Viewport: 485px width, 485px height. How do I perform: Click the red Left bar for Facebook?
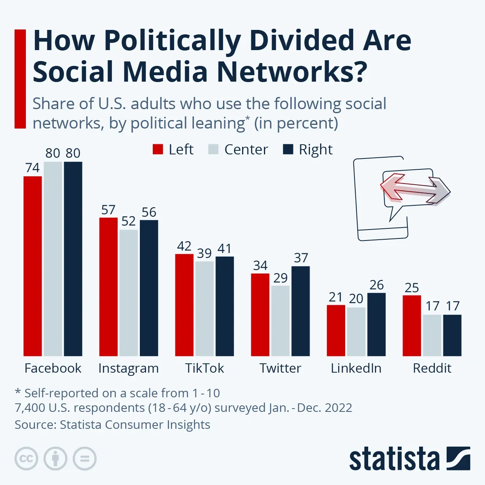point(33,266)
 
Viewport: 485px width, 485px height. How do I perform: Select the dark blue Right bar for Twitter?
point(301,311)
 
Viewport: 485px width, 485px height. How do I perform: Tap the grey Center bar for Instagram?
point(129,293)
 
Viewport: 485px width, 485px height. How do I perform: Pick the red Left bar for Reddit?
point(412,326)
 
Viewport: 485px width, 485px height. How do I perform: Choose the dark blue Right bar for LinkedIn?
point(377,325)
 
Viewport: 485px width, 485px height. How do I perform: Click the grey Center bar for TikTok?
point(205,308)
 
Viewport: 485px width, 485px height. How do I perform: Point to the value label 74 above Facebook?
point(32,168)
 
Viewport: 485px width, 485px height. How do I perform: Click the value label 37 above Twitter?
point(301,258)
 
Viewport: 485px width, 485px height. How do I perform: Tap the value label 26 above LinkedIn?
point(377,285)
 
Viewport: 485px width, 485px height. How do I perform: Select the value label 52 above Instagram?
point(129,221)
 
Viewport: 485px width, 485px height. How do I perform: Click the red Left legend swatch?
point(158,149)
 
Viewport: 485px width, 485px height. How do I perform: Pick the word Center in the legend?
point(246,150)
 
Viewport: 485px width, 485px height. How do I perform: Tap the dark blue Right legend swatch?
point(288,149)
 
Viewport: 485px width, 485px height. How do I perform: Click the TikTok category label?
point(205,368)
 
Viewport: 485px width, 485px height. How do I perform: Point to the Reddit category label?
point(432,368)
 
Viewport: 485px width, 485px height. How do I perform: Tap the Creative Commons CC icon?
point(26,459)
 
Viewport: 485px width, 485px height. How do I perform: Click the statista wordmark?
point(394,458)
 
